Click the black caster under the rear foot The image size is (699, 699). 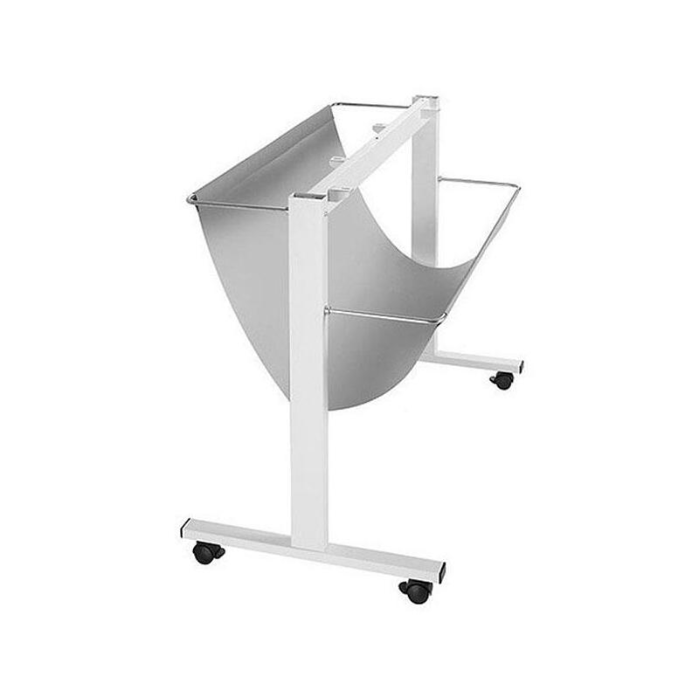click(502, 380)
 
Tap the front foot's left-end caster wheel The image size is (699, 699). click(206, 553)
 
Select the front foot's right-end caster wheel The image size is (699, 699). click(417, 591)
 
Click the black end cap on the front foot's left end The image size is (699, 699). click(185, 529)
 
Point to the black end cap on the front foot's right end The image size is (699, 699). click(442, 572)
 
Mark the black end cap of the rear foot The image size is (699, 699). click(520, 364)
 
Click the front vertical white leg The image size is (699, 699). click(308, 376)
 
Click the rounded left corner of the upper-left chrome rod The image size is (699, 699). click(190, 200)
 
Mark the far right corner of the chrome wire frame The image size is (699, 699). click(517, 186)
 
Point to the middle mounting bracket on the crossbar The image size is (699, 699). click(337, 159)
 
